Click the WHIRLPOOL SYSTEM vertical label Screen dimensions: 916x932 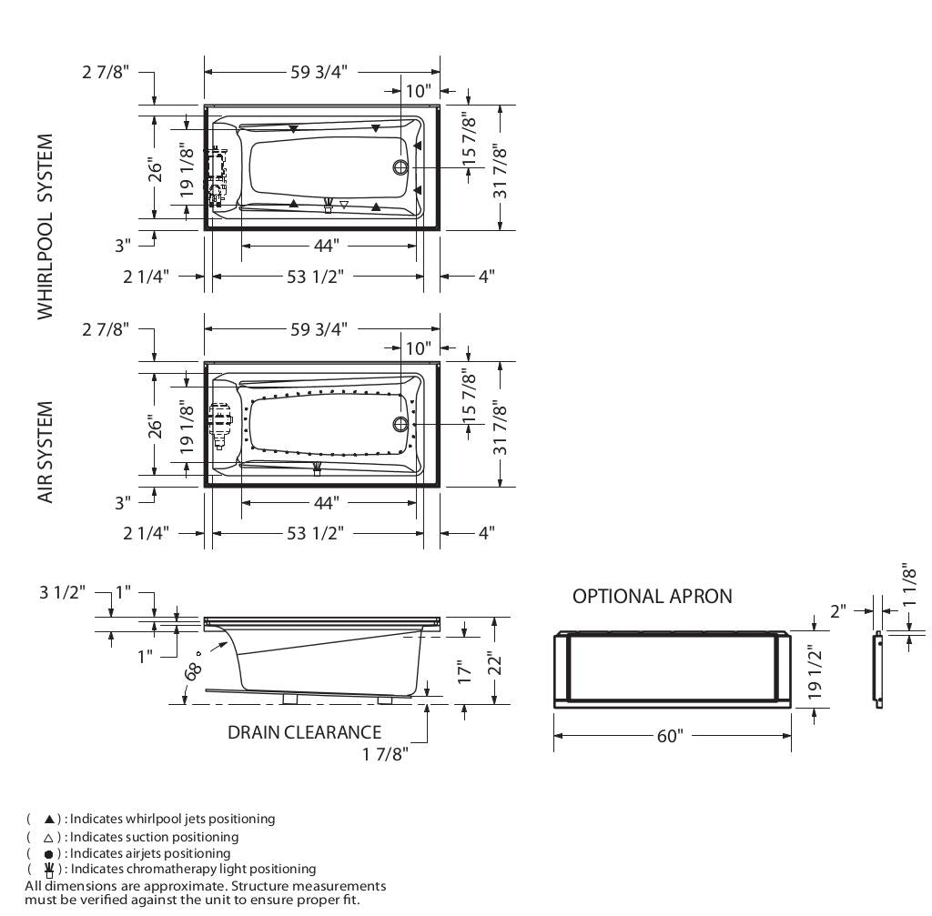point(46,226)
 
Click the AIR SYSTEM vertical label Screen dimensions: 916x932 point(46,452)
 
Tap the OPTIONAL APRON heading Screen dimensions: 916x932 point(652,597)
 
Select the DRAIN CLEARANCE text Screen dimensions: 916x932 point(304,732)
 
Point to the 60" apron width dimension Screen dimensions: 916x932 point(669,736)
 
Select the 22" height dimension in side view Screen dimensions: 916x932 point(494,660)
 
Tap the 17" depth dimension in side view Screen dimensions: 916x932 point(466,672)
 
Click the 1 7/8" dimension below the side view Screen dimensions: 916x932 point(385,753)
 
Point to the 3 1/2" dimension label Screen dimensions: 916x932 point(62,592)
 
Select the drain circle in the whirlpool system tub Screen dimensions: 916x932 point(400,167)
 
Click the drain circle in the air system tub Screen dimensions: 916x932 point(400,425)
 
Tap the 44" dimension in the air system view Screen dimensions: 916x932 point(326,502)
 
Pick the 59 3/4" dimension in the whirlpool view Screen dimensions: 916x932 point(319,73)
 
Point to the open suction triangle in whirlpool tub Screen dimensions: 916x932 point(343,205)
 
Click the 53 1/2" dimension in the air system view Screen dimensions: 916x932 point(315,533)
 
